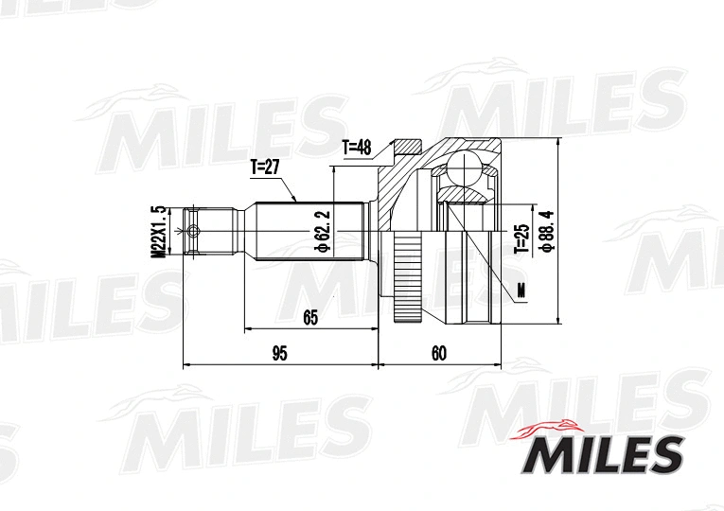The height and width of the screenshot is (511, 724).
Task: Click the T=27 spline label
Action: [x=266, y=167]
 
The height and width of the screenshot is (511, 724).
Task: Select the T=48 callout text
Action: [x=359, y=147]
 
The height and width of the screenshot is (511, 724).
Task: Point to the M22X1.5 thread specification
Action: [x=158, y=232]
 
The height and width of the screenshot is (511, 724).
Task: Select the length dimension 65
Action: [x=310, y=318]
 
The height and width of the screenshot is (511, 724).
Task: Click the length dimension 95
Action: [x=279, y=354]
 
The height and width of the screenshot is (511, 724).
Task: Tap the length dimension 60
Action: [x=438, y=354]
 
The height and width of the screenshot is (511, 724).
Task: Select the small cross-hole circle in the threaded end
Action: [x=194, y=231]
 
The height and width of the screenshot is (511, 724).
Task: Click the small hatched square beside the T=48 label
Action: [x=408, y=148]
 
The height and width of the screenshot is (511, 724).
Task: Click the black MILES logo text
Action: [x=599, y=455]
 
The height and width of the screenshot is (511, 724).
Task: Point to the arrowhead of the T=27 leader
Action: [x=296, y=201]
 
